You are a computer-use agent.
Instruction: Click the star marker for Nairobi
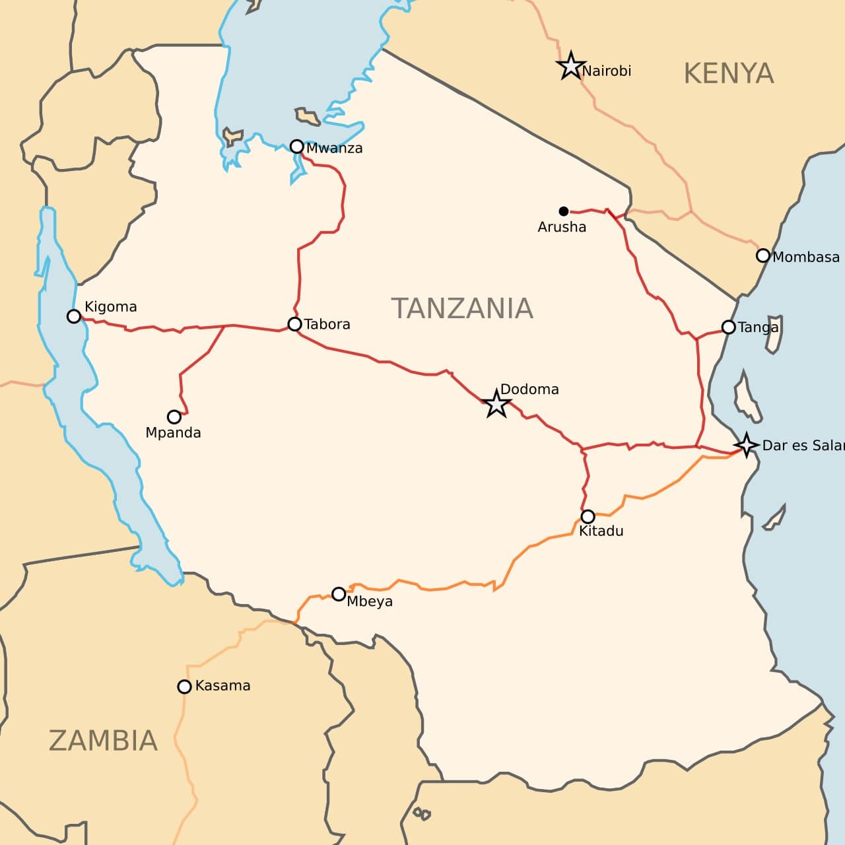tap(570, 66)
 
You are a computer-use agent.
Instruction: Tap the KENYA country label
tap(728, 73)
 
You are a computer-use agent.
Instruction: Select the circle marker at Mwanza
tap(297, 147)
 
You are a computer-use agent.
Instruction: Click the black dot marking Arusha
tap(563, 211)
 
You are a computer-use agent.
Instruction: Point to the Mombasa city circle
tap(763, 255)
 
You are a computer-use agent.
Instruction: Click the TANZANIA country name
tap(462, 308)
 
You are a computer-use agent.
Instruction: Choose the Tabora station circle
tap(295, 324)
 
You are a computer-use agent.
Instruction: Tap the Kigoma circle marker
tap(74, 317)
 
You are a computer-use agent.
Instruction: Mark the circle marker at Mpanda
tap(174, 417)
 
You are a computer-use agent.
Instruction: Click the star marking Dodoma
tap(496, 403)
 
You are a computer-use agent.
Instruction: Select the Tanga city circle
tap(729, 327)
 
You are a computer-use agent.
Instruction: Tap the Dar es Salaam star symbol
tap(746, 445)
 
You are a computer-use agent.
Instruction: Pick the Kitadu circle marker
tap(588, 516)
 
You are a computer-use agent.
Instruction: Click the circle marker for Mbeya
tap(339, 594)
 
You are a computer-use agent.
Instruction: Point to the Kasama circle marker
tap(185, 687)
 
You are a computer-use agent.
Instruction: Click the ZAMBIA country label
tap(103, 741)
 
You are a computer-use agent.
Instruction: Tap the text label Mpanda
tap(173, 433)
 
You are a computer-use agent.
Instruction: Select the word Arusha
tap(562, 227)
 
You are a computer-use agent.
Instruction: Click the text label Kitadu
tap(601, 531)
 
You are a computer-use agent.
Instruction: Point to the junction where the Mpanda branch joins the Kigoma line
tap(225, 326)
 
